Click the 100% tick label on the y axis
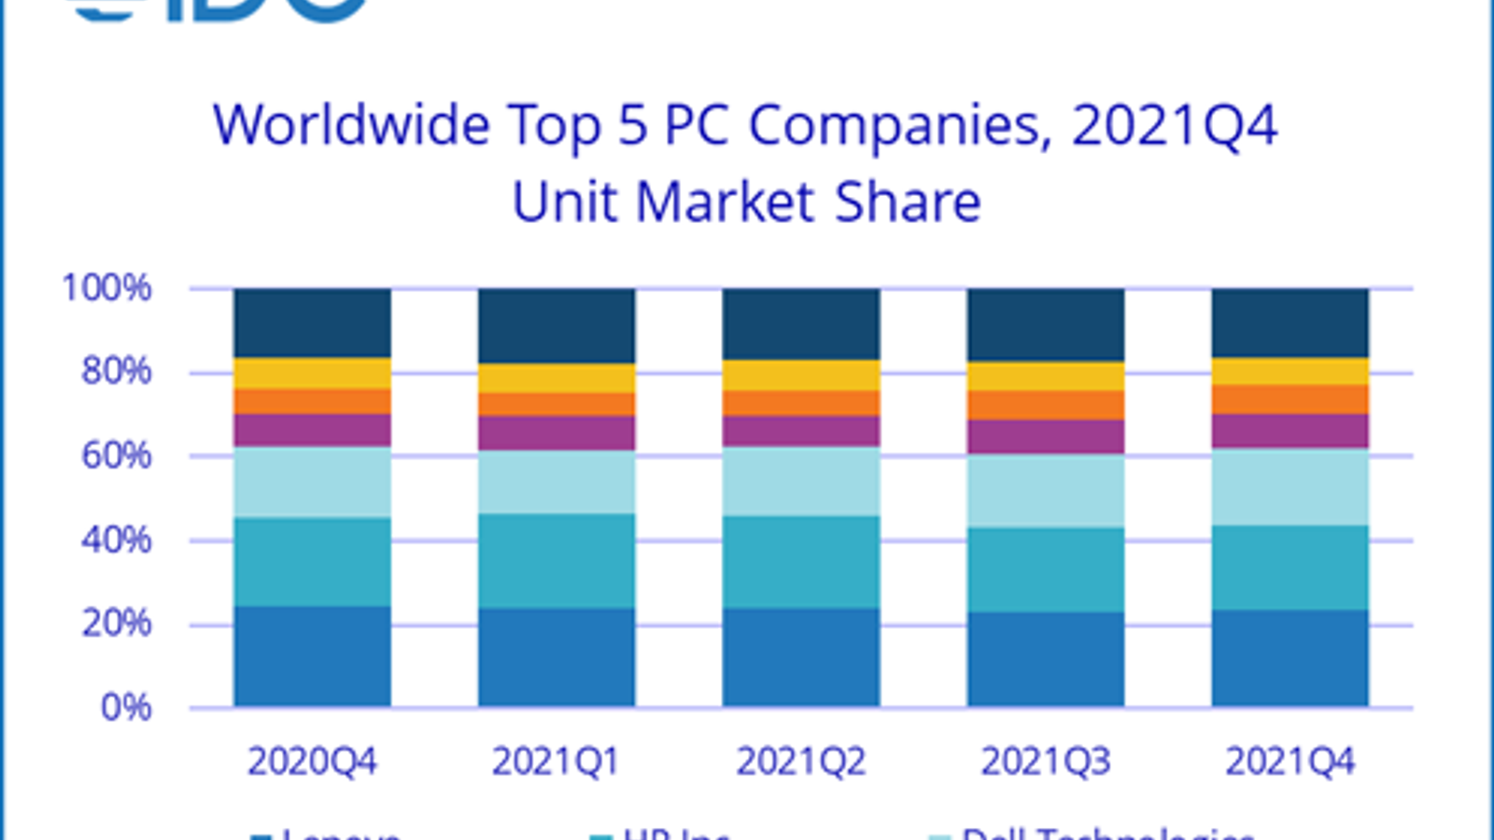[x=106, y=287]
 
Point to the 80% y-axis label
[x=116, y=371]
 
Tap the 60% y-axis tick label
[x=116, y=455]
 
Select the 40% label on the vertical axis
[x=116, y=539]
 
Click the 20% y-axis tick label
[x=116, y=623]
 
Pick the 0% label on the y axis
[x=126, y=707]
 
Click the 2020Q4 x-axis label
[x=312, y=762]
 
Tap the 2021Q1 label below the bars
[x=556, y=762]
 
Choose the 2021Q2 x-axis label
[x=800, y=762]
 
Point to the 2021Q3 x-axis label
[x=1045, y=762]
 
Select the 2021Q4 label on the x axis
[x=1290, y=762]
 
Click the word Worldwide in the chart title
[x=351, y=124]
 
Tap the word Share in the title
[x=908, y=202]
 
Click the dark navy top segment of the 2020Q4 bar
[x=312, y=323]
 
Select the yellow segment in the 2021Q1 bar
[x=557, y=378]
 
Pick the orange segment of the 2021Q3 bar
[x=1046, y=405]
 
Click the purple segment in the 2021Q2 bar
[x=801, y=431]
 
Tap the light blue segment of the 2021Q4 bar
[x=1290, y=487]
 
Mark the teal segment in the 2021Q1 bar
[x=557, y=561]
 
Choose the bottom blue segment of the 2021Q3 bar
[x=1046, y=659]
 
